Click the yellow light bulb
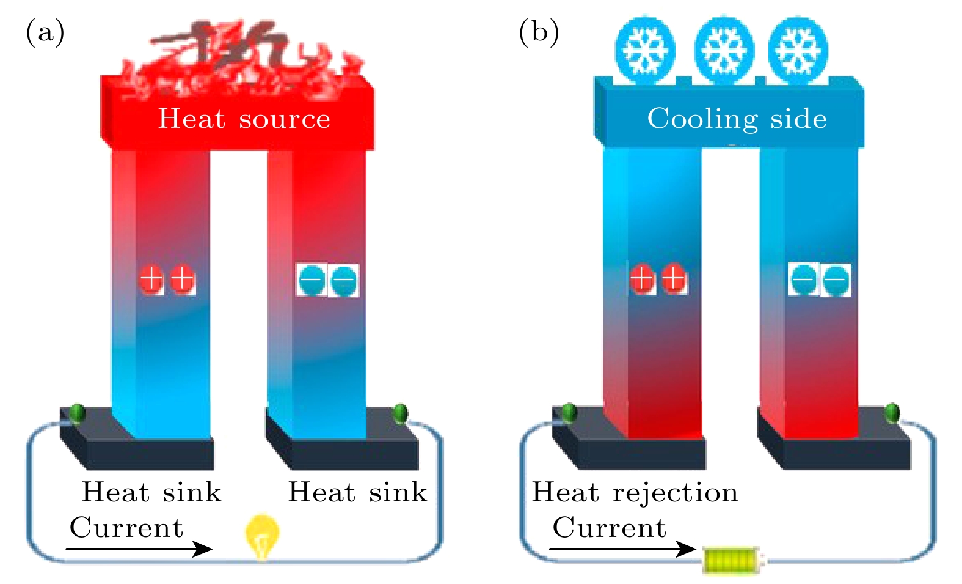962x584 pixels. point(262,536)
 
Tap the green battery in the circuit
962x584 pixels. point(732,560)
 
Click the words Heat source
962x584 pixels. point(244,118)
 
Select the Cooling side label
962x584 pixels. point(737,118)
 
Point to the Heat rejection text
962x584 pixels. point(635,492)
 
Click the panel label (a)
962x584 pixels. point(45,32)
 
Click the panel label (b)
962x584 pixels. point(538,32)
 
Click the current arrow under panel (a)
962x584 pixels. point(139,549)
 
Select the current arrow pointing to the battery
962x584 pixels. point(622,549)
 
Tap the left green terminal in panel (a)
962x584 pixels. point(77,414)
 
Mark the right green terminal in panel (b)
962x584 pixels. point(892,413)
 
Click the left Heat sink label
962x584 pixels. point(151,492)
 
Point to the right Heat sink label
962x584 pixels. point(357,492)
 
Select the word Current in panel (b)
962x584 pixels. point(609,527)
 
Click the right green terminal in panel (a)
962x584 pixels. point(400,413)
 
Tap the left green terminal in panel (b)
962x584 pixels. point(569,413)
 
